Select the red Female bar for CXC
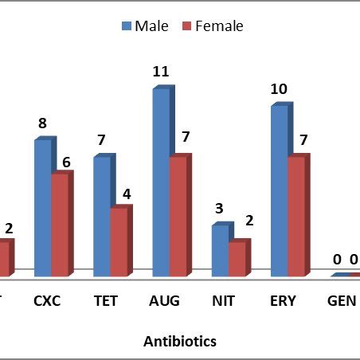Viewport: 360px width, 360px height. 60,225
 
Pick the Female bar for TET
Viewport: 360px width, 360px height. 119,242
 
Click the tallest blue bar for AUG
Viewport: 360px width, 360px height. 161,182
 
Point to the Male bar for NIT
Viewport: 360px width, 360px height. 220,251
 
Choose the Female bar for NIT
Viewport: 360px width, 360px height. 237,260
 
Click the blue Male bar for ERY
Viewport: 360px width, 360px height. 279,191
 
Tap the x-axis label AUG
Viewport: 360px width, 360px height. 165,301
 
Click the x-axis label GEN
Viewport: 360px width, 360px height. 343,301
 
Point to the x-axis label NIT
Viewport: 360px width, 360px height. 225,301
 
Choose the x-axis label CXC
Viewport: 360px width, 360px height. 47,301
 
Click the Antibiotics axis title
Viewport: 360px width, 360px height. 180,341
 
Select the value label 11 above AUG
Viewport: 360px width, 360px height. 161,72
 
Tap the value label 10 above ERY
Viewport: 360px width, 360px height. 279,89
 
